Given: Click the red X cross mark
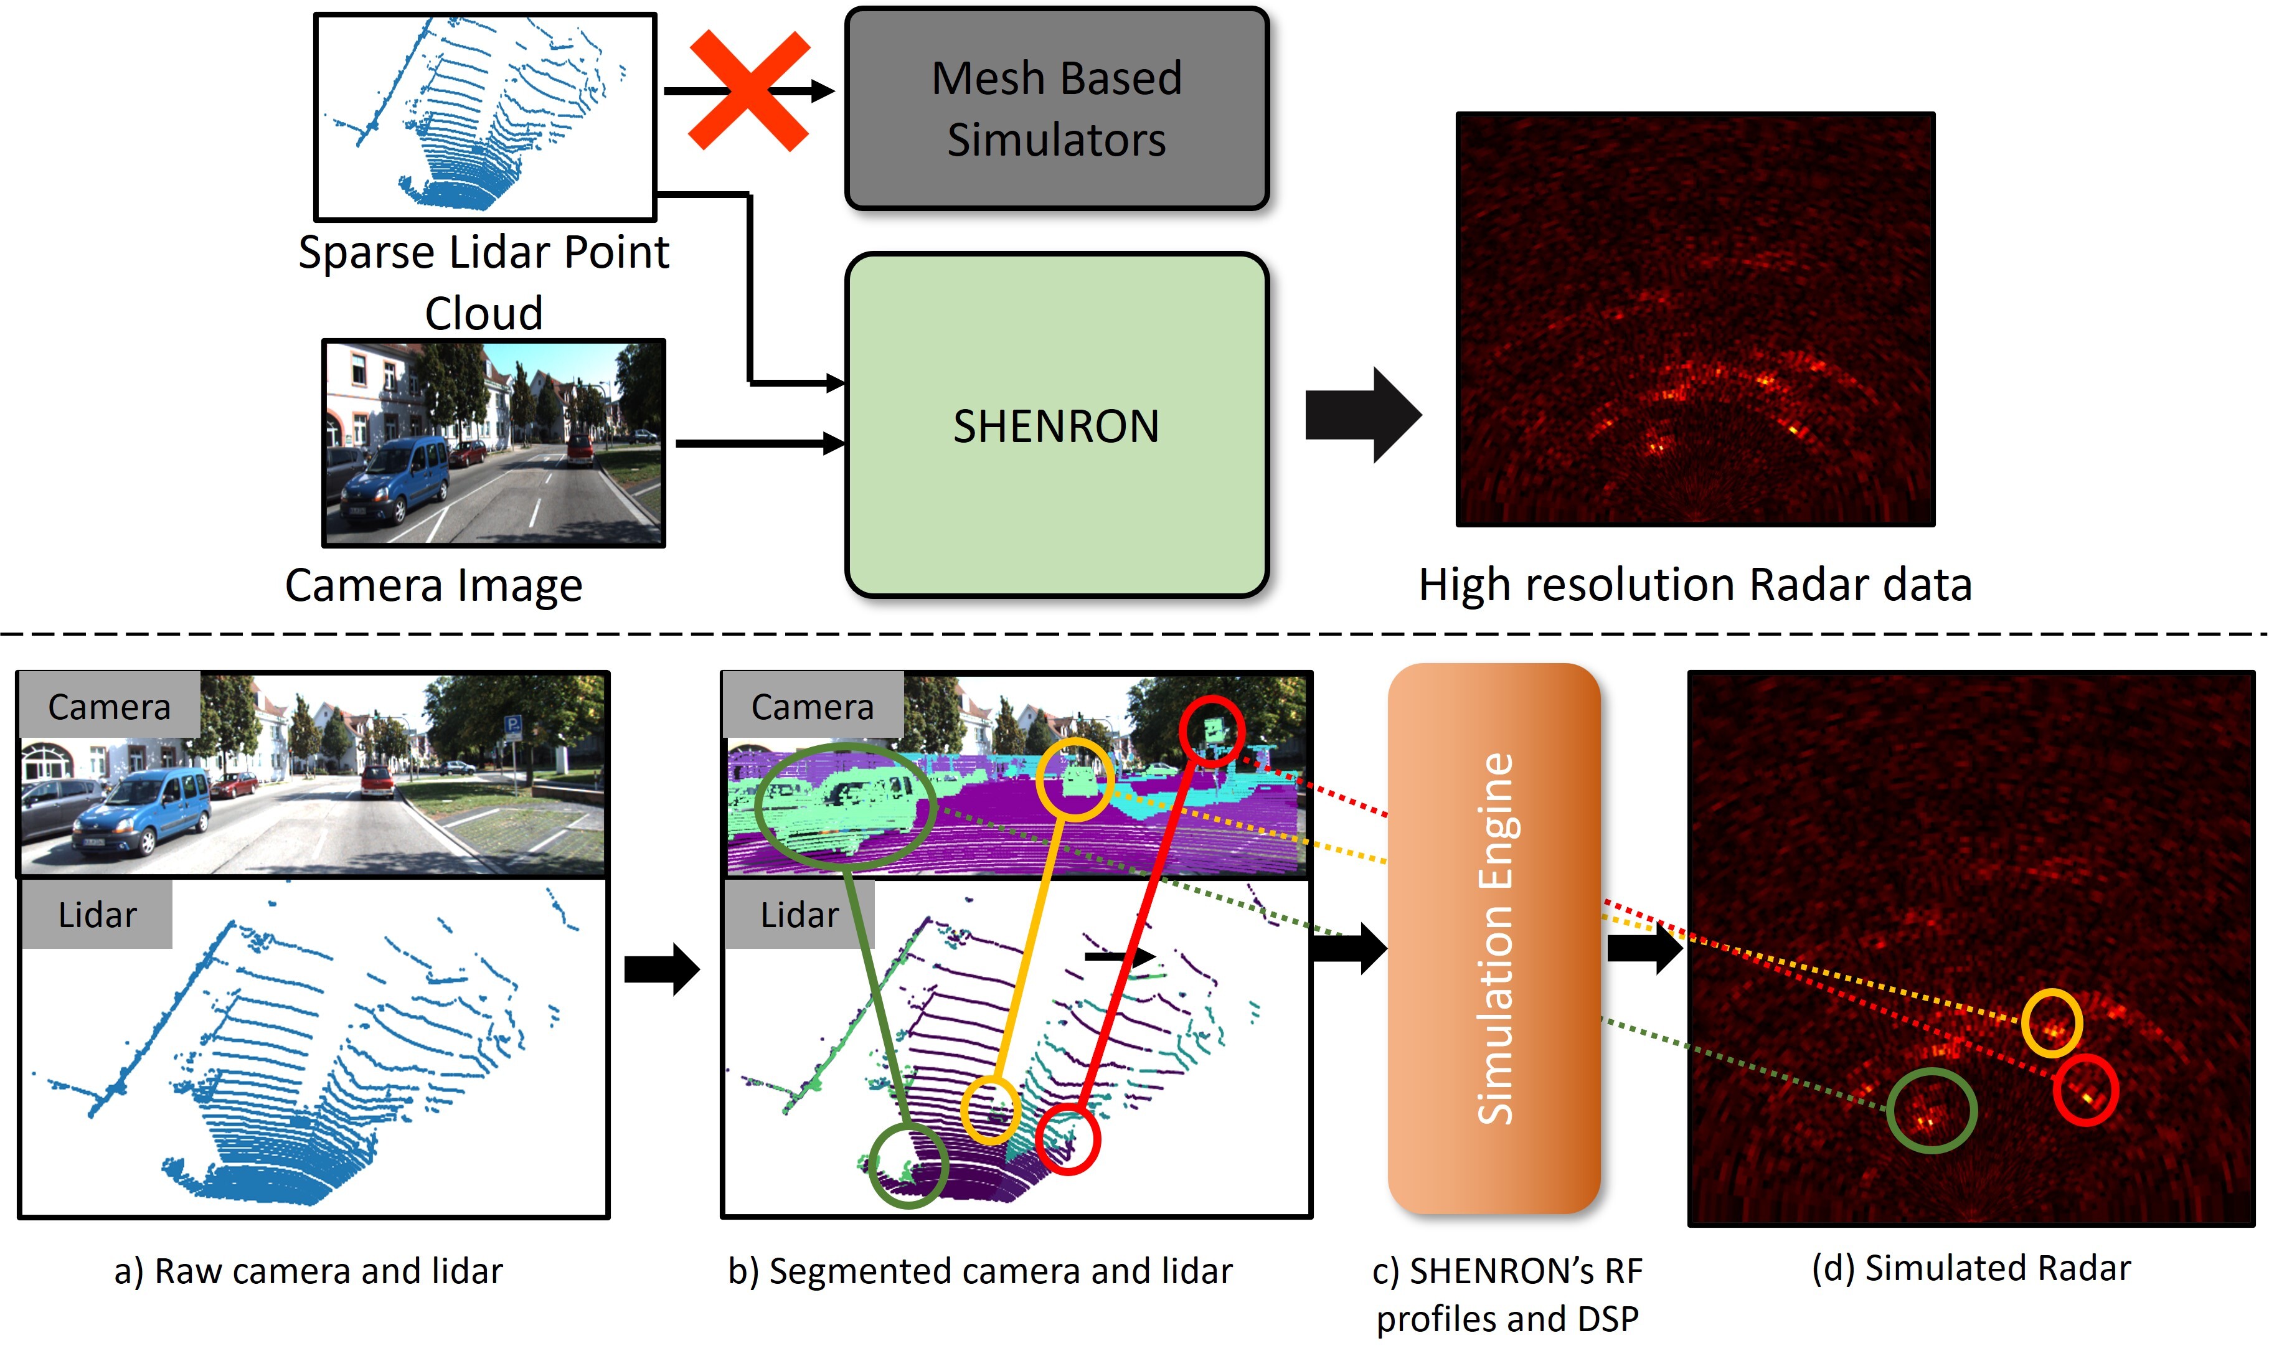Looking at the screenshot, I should [749, 90].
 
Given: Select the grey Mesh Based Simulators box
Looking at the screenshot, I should [1056, 108].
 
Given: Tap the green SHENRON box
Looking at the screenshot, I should [1056, 425].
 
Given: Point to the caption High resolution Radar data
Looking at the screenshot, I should [1695, 585].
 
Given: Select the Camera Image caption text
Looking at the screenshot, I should [433, 585].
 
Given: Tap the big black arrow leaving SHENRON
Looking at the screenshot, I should [1362, 415].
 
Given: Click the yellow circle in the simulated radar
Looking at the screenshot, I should [2052, 1023].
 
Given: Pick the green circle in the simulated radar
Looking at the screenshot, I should [1930, 1111].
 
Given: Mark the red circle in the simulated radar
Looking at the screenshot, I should [2085, 1090].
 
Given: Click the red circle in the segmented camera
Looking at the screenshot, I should [1211, 731].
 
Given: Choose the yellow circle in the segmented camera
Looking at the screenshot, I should [1074, 779].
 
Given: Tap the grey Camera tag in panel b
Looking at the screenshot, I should [812, 706].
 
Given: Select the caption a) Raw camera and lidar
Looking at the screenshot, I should [308, 1271].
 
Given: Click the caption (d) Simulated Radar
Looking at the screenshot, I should [1971, 1268].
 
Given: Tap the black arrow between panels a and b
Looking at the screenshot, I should [661, 968].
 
